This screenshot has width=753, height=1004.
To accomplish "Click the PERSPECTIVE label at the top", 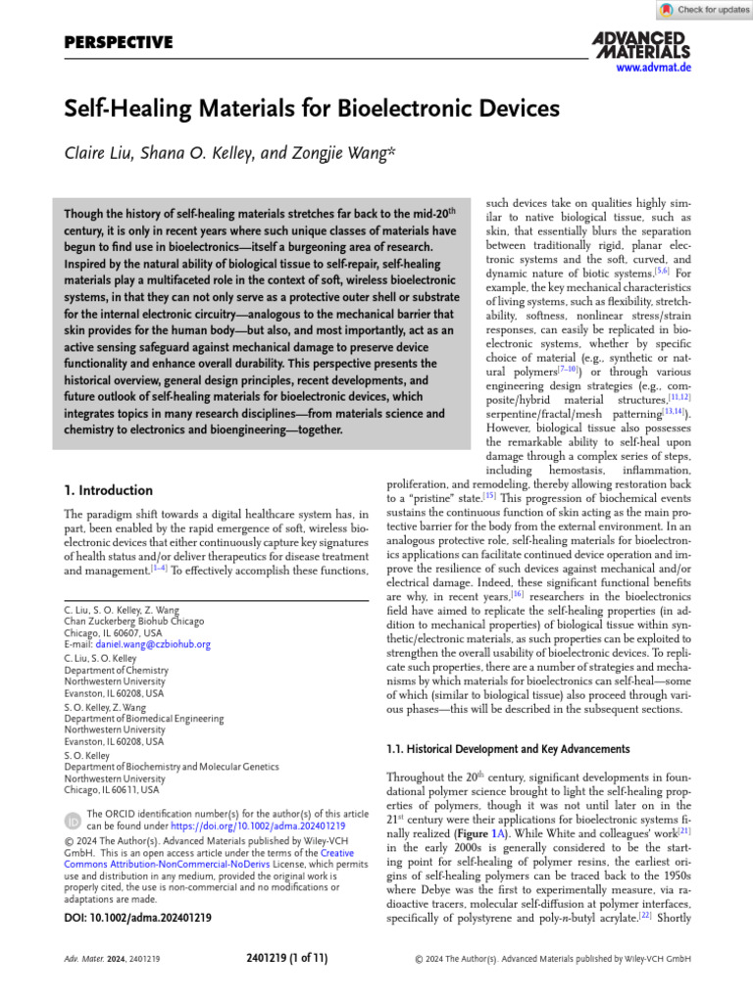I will tap(119, 42).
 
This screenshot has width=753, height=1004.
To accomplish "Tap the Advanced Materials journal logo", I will tap(641, 44).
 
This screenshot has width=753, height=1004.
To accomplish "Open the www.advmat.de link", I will tap(654, 69).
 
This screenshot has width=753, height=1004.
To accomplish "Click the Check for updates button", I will tap(704, 10).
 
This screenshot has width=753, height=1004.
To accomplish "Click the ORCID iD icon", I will tap(73, 819).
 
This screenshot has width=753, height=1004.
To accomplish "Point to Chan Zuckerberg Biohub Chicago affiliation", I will tap(130, 620).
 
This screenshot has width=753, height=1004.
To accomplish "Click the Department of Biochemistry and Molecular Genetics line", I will tap(171, 767).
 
